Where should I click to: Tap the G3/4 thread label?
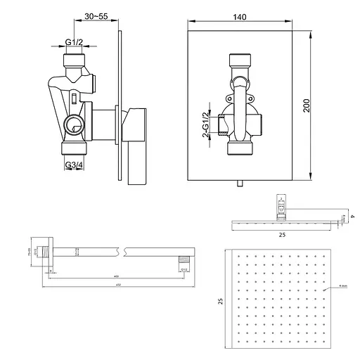[75, 166]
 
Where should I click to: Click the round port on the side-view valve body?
[72, 127]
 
